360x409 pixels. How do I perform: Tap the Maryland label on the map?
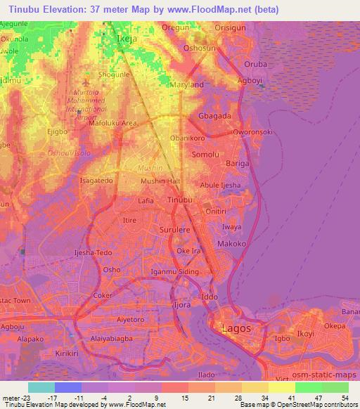[187, 85]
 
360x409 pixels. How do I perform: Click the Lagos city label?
[236, 328]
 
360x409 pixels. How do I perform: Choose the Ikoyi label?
[305, 333]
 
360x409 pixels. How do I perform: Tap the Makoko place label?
[231, 243]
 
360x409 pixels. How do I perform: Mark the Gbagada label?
[215, 115]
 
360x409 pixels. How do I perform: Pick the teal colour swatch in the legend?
[41, 387]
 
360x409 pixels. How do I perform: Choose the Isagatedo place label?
[96, 181]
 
